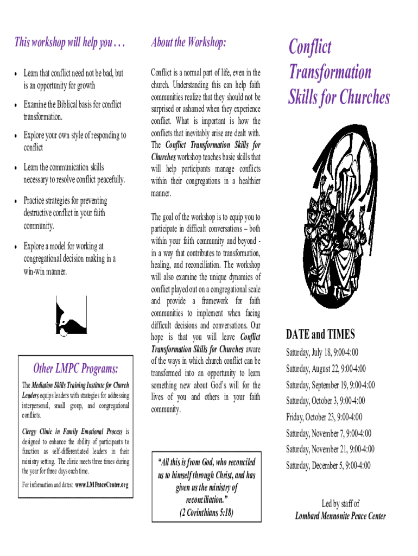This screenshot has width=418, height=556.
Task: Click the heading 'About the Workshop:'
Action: click(x=188, y=43)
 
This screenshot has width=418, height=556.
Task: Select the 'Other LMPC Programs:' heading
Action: click(x=75, y=369)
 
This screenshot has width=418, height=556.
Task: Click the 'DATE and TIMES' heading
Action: click(x=320, y=333)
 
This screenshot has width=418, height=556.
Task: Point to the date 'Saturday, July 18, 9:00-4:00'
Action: click(x=322, y=353)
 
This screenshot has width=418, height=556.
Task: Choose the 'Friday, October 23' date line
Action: click(x=324, y=417)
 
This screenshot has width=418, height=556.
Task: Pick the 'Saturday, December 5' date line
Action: click(x=328, y=465)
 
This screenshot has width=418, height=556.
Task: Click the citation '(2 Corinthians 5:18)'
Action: click(x=206, y=512)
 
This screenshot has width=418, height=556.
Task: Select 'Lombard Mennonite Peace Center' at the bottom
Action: click(x=340, y=516)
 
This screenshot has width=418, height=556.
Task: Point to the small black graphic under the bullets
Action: click(x=71, y=315)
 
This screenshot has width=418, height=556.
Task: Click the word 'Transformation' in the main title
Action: click(x=330, y=72)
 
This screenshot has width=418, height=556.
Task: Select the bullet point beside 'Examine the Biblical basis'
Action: click(x=18, y=105)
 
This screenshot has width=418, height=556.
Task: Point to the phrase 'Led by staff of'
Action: click(x=340, y=503)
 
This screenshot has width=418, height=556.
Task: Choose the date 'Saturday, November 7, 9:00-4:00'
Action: click(x=328, y=433)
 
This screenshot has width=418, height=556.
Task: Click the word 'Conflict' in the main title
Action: click(x=309, y=47)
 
